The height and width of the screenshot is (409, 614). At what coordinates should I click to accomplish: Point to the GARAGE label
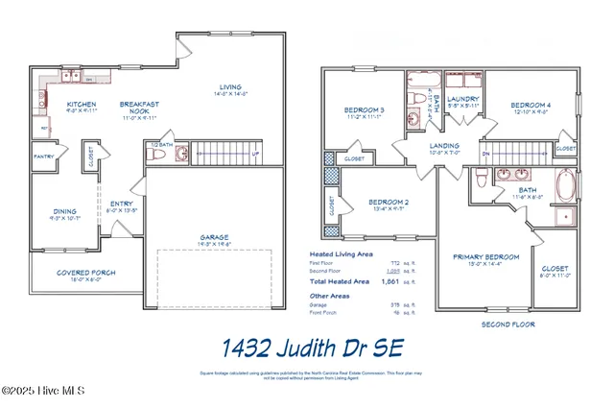[214, 237]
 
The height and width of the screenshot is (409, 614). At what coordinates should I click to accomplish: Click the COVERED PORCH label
[85, 273]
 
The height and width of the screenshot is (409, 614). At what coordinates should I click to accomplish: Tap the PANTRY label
[43, 156]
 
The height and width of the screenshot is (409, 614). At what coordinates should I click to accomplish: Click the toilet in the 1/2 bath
[179, 154]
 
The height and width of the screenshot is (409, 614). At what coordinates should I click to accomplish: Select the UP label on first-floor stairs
[254, 154]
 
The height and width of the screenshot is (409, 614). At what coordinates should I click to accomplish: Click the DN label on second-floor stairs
[486, 153]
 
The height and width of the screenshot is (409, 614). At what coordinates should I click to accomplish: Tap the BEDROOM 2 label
[389, 202]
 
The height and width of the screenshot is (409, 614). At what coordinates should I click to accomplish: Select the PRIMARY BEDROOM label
[485, 257]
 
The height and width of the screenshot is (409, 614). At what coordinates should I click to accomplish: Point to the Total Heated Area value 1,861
[390, 282]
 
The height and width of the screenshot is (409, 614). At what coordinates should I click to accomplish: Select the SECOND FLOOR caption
[507, 325]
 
